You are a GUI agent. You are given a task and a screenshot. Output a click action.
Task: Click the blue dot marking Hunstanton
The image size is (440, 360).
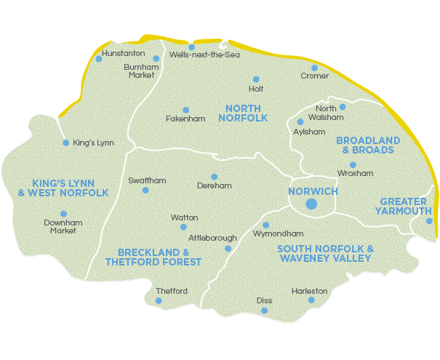pyautogui.click(x=99, y=59)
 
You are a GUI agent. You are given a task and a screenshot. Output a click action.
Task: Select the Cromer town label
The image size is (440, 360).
pyautogui.click(x=315, y=76)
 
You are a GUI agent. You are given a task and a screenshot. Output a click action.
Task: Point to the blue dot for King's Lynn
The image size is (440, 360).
pyautogui.click(x=65, y=143)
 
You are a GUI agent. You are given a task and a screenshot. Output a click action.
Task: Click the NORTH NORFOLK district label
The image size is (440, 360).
pyautogui.click(x=243, y=113)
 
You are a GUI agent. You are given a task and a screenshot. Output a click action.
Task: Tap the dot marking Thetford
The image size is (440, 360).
pyautogui.click(x=159, y=300)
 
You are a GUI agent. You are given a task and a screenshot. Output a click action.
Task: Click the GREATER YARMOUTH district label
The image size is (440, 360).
pyautogui.click(x=405, y=206)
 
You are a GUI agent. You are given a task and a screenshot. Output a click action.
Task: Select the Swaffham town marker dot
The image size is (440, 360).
pyautogui.click(x=145, y=191)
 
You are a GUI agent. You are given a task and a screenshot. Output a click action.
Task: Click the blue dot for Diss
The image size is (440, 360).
pyautogui.click(x=265, y=311)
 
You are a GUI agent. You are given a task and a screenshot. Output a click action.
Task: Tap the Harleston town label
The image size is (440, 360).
pyautogui.click(x=310, y=291)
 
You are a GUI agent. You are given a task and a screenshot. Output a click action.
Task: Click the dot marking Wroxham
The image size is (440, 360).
pyautogui.click(x=353, y=165)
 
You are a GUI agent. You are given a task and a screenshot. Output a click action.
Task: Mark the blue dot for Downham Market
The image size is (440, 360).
pyautogui.click(x=63, y=214)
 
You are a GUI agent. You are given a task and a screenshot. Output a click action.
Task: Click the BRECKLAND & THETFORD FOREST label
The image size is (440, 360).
pyautogui.click(x=153, y=257)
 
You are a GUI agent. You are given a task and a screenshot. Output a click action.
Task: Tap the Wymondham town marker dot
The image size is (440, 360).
pyautogui.click(x=265, y=225)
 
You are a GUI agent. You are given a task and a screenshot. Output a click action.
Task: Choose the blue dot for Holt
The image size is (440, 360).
pyautogui.click(x=255, y=79)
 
